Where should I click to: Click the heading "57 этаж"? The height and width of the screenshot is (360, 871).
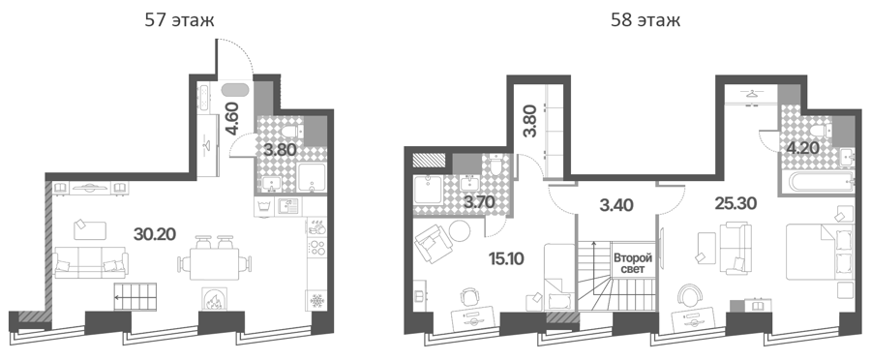[179, 20]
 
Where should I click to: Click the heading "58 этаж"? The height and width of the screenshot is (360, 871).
[645, 20]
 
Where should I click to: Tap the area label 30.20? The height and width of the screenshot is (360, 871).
[155, 234]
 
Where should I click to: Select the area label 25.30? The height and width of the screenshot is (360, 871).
[736, 204]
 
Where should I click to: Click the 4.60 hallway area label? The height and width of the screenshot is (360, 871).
[231, 118]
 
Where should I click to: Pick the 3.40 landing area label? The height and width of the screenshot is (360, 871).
[616, 205]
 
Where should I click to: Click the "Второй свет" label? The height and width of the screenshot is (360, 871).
[632, 264]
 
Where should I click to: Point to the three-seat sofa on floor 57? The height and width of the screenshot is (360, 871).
[91, 262]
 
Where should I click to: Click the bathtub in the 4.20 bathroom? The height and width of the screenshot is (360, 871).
[817, 181]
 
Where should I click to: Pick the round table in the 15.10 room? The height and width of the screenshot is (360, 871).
[460, 230]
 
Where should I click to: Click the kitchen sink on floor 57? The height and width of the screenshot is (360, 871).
[287, 205]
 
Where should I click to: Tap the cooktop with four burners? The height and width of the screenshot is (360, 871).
[318, 246]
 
